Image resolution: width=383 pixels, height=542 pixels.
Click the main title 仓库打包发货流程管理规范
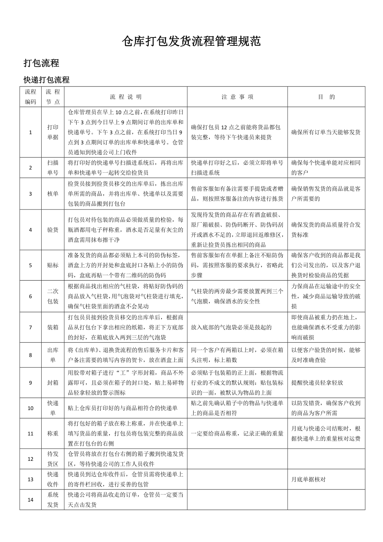pos(191,41)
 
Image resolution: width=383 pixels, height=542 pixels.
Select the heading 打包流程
pos(41,63)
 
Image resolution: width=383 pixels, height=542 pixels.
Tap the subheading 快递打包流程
pos(46,80)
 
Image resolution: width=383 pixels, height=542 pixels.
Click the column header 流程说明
pos(126,97)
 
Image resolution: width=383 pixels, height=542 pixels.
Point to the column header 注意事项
pos(237,97)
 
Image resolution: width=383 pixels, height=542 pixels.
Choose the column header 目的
pos(326,97)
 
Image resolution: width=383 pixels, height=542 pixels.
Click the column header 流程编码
pos(30,97)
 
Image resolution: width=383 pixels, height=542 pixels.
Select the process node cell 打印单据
pos(53,132)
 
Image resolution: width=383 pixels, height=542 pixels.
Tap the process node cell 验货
pos(53,229)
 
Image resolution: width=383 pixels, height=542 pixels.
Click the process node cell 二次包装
pos(53,296)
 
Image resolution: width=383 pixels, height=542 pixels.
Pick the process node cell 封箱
pos(53,383)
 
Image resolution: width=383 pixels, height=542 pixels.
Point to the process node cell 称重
pos(53,433)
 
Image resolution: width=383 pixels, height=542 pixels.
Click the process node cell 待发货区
pos(53,459)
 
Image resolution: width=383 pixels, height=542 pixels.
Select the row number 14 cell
pos(30,500)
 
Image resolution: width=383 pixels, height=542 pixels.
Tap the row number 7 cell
pos(30,327)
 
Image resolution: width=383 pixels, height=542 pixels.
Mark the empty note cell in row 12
pos(237,459)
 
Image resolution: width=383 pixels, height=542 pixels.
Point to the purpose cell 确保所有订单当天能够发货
pos(326,132)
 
